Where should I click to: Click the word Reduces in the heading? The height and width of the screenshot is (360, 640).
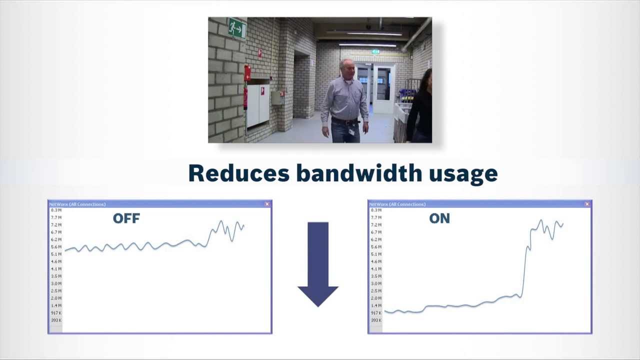pyautogui.click(x=238, y=173)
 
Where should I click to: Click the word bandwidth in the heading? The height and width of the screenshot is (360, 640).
pyautogui.click(x=359, y=173)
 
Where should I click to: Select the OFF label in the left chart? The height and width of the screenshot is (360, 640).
pyautogui.click(x=126, y=218)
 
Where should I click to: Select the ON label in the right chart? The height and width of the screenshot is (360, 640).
pyautogui.click(x=439, y=218)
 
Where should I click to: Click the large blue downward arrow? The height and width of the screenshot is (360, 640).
pyautogui.click(x=318, y=264)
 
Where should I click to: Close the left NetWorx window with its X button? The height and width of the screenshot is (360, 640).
pyautogui.click(x=267, y=204)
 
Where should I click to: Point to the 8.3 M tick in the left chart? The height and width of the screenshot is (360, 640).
pyautogui.click(x=56, y=210)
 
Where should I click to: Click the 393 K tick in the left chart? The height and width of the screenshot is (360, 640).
pyautogui.click(x=56, y=320)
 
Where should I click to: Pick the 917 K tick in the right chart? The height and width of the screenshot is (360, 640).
pyautogui.click(x=376, y=313)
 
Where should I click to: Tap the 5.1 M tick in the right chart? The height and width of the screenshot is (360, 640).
pyautogui.click(x=376, y=254)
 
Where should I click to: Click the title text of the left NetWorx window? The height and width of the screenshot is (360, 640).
pyautogui.click(x=77, y=204)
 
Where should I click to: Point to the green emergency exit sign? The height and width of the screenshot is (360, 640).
pyautogui.click(x=237, y=28)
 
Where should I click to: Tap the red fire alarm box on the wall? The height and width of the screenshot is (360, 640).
pyautogui.click(x=247, y=73)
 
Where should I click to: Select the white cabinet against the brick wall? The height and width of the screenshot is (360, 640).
pyautogui.click(x=258, y=104)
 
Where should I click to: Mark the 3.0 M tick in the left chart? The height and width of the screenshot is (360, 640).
pyautogui.click(x=56, y=283)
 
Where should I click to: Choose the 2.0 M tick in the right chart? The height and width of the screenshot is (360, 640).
pyautogui.click(x=376, y=298)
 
